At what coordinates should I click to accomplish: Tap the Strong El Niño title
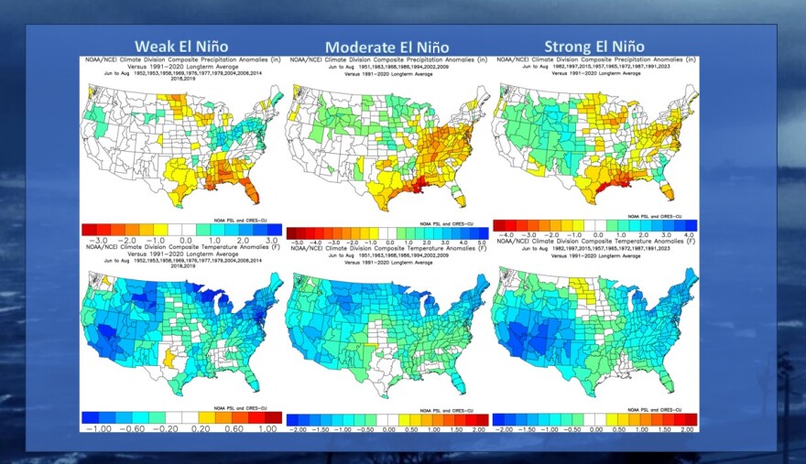pyautogui.click(x=594, y=47)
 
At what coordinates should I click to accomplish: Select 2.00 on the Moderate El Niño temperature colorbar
pyautogui.click(x=478, y=428)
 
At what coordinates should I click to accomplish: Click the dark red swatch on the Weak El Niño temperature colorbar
pyautogui.click(x=271, y=416)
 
